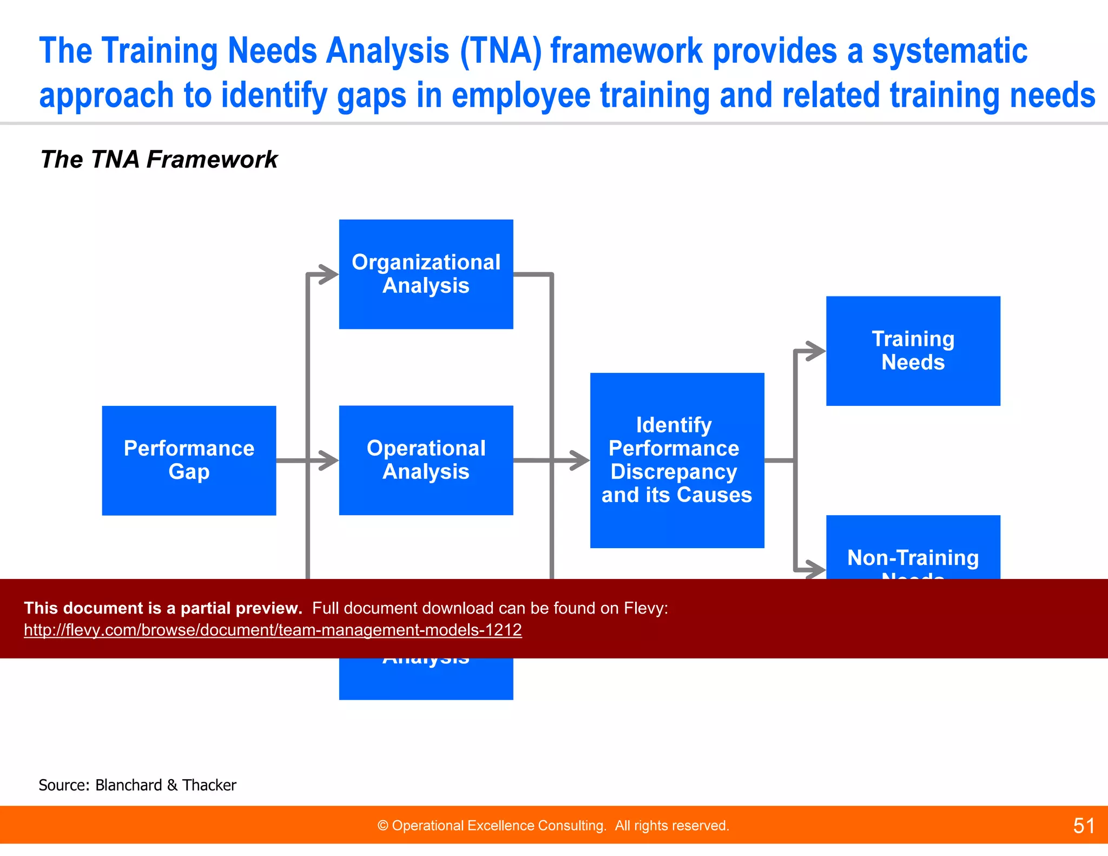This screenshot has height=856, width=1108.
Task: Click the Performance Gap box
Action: pos(189,460)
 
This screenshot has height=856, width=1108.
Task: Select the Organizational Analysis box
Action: pos(426,274)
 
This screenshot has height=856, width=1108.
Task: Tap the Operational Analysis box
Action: pos(426,460)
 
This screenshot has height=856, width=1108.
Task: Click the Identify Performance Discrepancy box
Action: pos(677,460)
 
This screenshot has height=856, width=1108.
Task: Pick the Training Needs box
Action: pos(913,351)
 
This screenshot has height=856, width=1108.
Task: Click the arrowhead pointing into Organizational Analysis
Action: pos(329,274)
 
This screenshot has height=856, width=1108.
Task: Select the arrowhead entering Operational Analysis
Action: pos(329,460)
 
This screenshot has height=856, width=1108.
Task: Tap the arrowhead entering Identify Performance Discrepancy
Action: pos(580,460)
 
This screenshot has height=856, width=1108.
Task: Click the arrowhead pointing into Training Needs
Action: pos(816,351)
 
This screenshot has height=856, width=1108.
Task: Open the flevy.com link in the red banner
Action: pos(273,630)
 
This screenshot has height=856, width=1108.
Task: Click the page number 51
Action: pos(1084,826)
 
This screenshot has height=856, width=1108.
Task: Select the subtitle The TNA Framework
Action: pos(159,160)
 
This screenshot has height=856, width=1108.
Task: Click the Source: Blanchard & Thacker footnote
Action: pos(137,785)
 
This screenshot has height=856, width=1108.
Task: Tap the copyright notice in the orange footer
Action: pos(553,826)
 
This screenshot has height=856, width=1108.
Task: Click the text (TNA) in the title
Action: pos(500,51)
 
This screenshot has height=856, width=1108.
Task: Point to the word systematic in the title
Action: pos(949,51)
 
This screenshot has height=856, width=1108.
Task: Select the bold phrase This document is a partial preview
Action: pos(163,608)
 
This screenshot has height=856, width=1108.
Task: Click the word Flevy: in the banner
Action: pos(646,608)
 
